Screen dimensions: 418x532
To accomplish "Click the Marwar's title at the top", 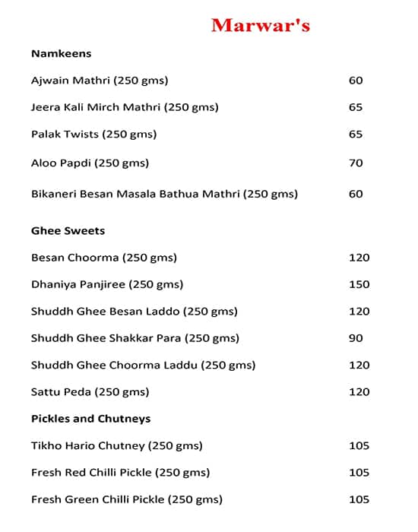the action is pos(260,25).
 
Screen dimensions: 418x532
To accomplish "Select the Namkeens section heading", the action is pos(61,53).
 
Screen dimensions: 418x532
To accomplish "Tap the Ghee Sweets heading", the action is pos(68,230).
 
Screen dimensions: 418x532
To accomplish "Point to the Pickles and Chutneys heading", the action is pos(90,419).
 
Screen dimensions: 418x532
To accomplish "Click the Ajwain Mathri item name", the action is pos(100,81).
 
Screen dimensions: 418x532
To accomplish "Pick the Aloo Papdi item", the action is pos(90,163).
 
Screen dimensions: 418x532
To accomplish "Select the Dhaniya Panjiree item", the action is pos(107,284).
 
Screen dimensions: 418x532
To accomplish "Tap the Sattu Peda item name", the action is pos(90,392).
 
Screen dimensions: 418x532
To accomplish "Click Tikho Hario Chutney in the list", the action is pos(117,445).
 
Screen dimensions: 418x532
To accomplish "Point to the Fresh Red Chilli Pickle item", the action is pos(120,473).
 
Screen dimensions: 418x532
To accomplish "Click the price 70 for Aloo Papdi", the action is pos(356,163).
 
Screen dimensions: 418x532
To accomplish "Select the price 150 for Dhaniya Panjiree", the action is pos(359,284).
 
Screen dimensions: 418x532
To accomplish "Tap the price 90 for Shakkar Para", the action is pos(356,338).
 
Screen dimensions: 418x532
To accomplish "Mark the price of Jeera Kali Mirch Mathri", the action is pos(356,107).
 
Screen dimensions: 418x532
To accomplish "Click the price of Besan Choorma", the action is pos(359,258).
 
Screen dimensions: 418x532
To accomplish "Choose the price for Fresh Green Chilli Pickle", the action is pos(359,499).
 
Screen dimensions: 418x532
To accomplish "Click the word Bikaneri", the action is pos(55,194).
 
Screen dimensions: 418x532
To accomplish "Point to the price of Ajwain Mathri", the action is pos(356,81).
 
